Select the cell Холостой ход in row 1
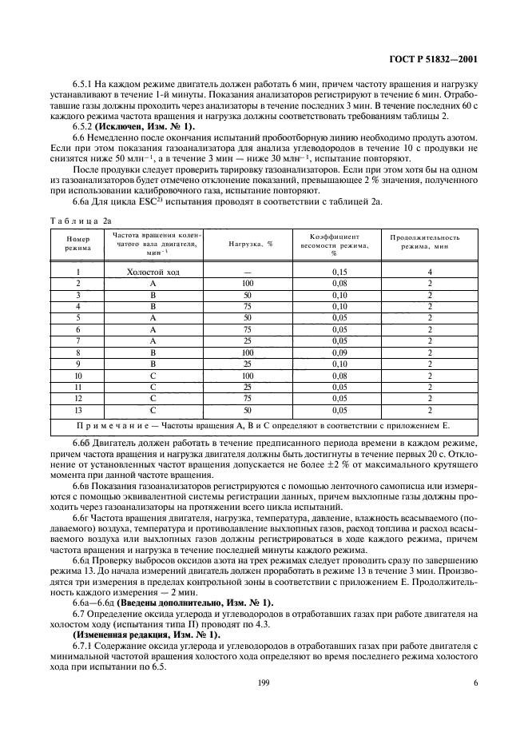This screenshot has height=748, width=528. point(159,273)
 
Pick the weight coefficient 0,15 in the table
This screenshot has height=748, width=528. point(340,273)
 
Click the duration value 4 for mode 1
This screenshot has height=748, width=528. point(429,273)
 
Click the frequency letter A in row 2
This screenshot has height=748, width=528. point(159,284)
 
